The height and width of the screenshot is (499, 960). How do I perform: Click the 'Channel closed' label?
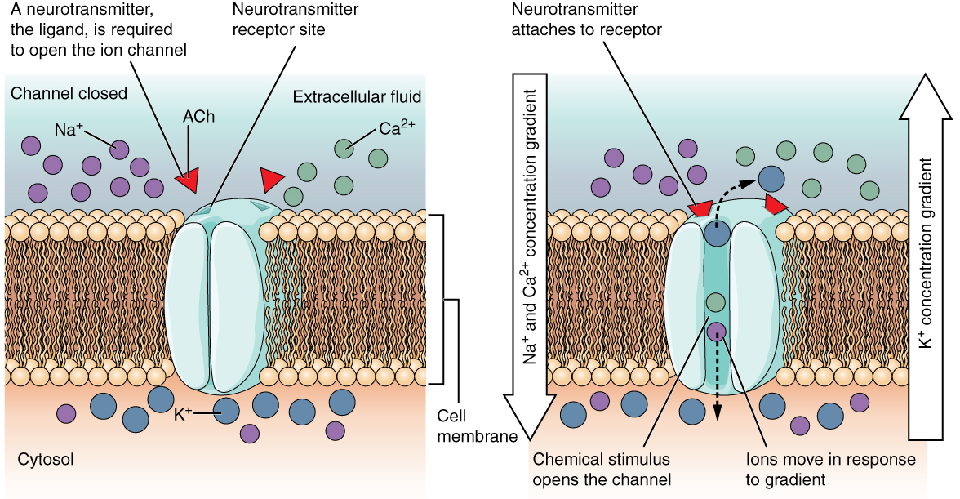pos(69,94)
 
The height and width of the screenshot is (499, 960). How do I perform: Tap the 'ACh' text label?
pos(199,117)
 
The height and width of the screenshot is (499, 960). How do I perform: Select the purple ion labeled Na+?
pos(120,149)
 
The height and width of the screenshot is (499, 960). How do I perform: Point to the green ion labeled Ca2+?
pos(344,148)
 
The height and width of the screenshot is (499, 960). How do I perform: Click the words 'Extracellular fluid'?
pos(357,97)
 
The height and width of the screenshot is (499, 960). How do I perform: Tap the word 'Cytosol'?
pos(46,460)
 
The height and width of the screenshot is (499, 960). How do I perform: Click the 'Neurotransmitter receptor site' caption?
pos(278,20)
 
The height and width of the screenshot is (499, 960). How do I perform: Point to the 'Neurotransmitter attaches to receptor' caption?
pos(585,20)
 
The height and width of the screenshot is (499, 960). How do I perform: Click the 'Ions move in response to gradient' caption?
pos(830,470)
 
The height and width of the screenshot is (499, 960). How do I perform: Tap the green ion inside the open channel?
pos(715,302)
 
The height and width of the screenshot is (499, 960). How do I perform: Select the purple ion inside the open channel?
pos(716,331)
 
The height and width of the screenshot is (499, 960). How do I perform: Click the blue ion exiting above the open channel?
pos(770,177)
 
